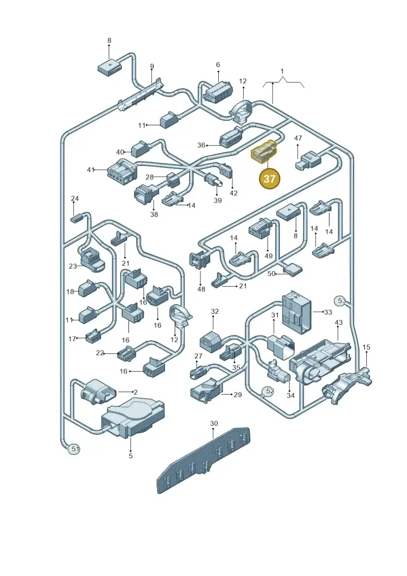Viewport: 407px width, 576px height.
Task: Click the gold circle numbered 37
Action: (269, 179)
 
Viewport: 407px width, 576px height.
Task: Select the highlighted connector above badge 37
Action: (264, 151)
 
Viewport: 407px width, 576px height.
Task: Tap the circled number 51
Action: (75, 449)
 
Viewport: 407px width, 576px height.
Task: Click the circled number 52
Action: (270, 391)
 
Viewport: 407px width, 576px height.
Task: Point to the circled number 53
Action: (342, 300)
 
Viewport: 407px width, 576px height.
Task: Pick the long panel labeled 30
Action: (205, 461)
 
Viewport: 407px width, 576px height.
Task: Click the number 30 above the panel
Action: (214, 423)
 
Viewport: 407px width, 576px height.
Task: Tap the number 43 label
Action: (338, 322)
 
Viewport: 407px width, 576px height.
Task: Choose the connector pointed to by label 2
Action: (98, 391)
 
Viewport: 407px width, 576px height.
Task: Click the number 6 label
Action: (218, 65)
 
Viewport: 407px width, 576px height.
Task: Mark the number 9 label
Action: (152, 67)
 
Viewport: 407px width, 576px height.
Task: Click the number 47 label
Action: (298, 138)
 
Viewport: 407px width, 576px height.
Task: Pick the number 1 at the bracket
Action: (282, 71)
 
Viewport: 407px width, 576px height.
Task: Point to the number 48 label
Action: (201, 289)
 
